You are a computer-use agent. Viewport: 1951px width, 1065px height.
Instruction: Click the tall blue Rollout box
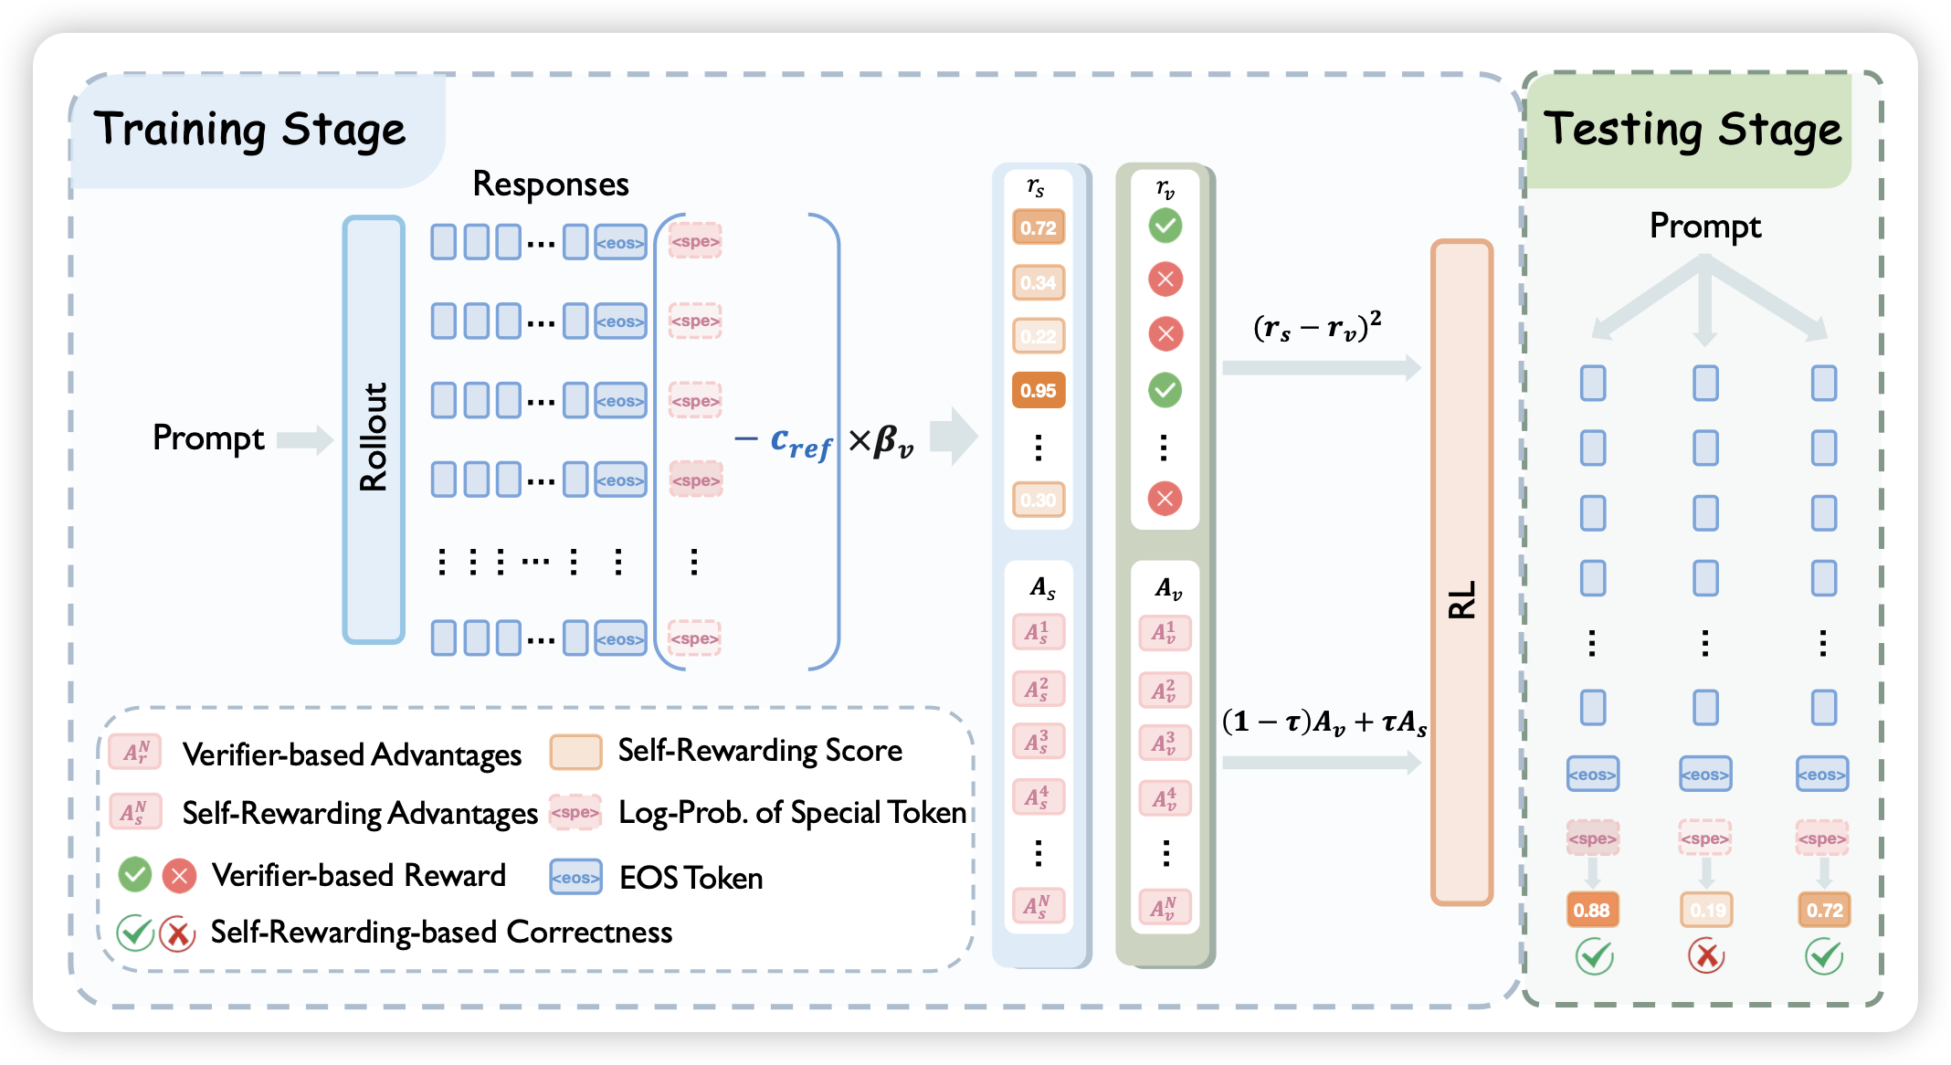[374, 429]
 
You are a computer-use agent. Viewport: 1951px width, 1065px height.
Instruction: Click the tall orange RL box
[1461, 572]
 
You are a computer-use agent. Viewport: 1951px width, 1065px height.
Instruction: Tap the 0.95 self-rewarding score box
[1039, 391]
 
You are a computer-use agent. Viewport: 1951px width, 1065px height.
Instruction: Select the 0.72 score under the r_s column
[1039, 227]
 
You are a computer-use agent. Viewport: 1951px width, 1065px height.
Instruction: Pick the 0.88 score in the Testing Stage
[1592, 910]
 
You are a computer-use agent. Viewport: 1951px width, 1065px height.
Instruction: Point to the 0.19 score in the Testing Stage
[1706, 910]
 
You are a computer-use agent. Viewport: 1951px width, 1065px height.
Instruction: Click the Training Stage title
[249, 129]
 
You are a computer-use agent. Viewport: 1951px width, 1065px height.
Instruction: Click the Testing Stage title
[1693, 129]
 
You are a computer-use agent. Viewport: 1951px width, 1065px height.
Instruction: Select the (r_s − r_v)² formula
[1317, 326]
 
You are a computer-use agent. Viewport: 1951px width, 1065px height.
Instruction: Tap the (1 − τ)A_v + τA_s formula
[1324, 722]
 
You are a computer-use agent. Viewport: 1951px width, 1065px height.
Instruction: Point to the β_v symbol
[892, 442]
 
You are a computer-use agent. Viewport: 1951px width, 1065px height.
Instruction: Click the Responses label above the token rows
[551, 185]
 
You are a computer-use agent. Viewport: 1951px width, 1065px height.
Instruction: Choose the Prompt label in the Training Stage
[208, 438]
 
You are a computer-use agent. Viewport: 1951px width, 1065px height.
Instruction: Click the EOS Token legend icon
[575, 877]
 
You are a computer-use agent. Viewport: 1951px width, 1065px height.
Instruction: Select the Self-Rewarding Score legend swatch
[575, 752]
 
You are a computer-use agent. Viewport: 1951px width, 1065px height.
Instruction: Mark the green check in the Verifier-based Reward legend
[135, 874]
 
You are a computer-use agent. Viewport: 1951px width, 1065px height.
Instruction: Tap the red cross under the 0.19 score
[1705, 956]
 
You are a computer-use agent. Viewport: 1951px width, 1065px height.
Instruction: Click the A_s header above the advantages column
[1042, 588]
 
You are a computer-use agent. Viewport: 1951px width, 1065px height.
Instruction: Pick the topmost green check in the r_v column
[1165, 226]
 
